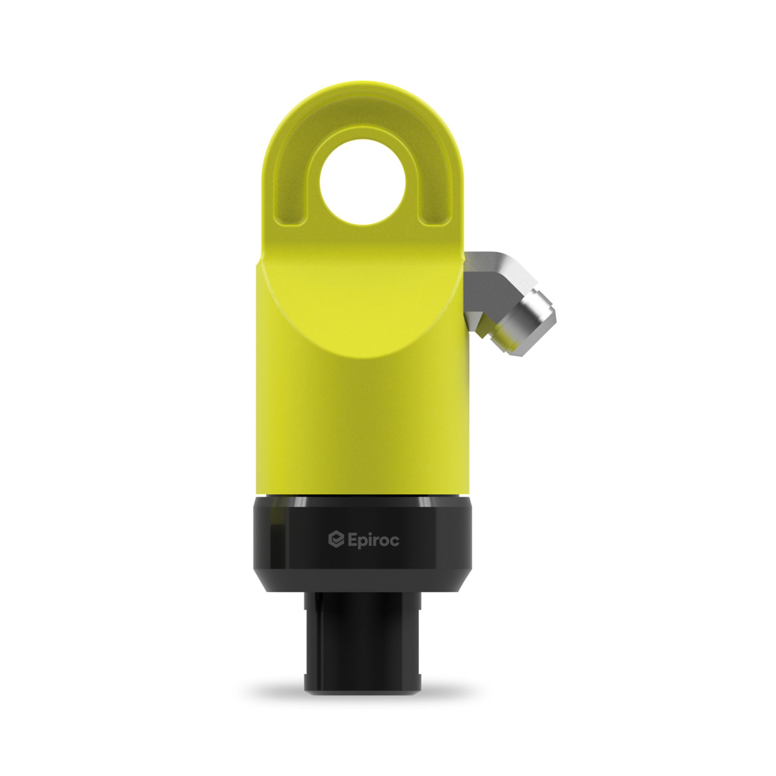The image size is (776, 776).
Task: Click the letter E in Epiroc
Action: tap(353, 539)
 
